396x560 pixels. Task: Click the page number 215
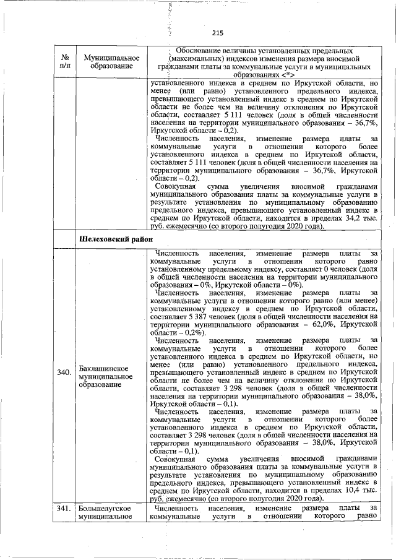(217, 33)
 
